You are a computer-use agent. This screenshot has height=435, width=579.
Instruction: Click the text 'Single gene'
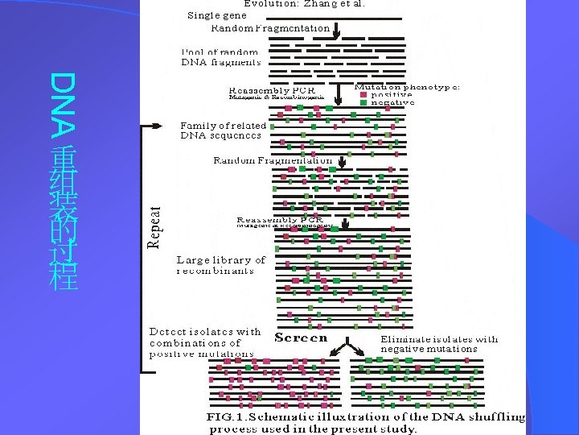(x=217, y=14)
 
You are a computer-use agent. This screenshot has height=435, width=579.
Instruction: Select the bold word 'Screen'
(x=302, y=338)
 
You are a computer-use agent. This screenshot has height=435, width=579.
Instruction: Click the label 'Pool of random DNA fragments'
(x=221, y=56)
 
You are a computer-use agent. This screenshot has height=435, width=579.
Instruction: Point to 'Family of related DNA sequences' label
(x=222, y=130)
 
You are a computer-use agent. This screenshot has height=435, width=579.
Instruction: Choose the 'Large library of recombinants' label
(x=220, y=265)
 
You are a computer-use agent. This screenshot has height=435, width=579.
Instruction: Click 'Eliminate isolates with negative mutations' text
(x=439, y=344)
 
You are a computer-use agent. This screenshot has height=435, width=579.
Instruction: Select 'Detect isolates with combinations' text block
(x=203, y=342)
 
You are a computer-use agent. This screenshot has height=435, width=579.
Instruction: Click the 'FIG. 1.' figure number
(x=228, y=417)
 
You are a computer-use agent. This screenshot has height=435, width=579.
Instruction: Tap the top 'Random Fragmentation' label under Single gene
(x=270, y=27)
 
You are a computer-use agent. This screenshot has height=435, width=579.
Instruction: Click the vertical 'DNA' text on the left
(x=63, y=101)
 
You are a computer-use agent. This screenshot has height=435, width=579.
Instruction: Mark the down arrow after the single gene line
(x=336, y=33)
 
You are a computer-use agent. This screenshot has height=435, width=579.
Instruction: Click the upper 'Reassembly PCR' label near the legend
(x=271, y=89)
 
